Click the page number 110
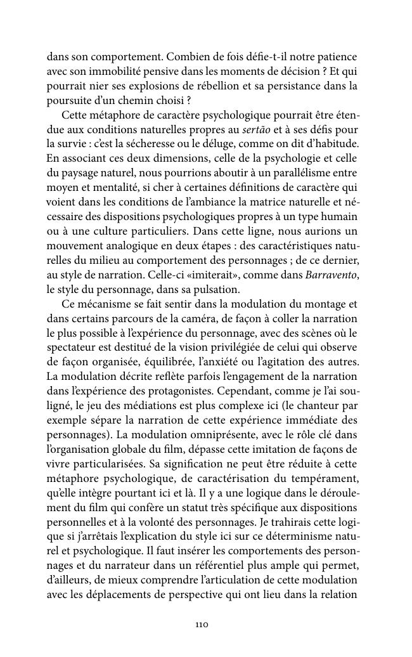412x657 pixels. coord(202,625)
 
